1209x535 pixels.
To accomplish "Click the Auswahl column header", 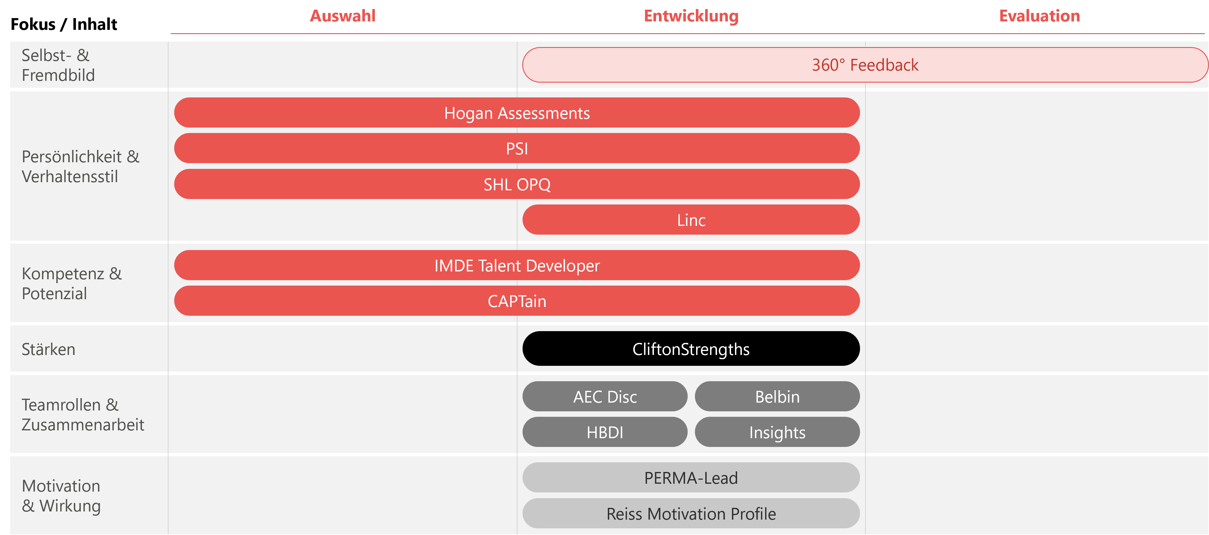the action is click(343, 16).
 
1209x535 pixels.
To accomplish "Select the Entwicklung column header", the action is click(691, 16).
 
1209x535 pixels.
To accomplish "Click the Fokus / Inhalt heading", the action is click(64, 24).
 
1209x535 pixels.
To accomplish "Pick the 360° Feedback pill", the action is click(865, 65).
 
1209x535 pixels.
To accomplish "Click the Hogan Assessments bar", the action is click(517, 113).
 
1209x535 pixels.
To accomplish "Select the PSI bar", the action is click(517, 148).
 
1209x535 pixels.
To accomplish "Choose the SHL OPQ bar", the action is click(517, 184).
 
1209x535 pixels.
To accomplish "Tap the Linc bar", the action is click(691, 220).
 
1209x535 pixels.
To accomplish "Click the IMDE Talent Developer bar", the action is click(517, 265).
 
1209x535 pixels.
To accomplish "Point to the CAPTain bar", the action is click(517, 301).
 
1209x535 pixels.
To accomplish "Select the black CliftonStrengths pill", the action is click(691, 349).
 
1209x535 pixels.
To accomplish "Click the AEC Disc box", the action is click(605, 397).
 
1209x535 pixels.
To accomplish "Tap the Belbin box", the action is click(777, 397).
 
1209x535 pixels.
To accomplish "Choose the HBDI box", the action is click(605, 432).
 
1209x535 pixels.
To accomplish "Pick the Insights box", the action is click(777, 432).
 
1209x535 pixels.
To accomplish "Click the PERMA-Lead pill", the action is click(691, 478).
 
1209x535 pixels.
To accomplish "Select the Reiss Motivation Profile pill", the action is click(691, 513).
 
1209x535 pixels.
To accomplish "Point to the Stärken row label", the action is click(48, 349).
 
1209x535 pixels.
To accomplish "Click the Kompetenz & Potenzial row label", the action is click(71, 283).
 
